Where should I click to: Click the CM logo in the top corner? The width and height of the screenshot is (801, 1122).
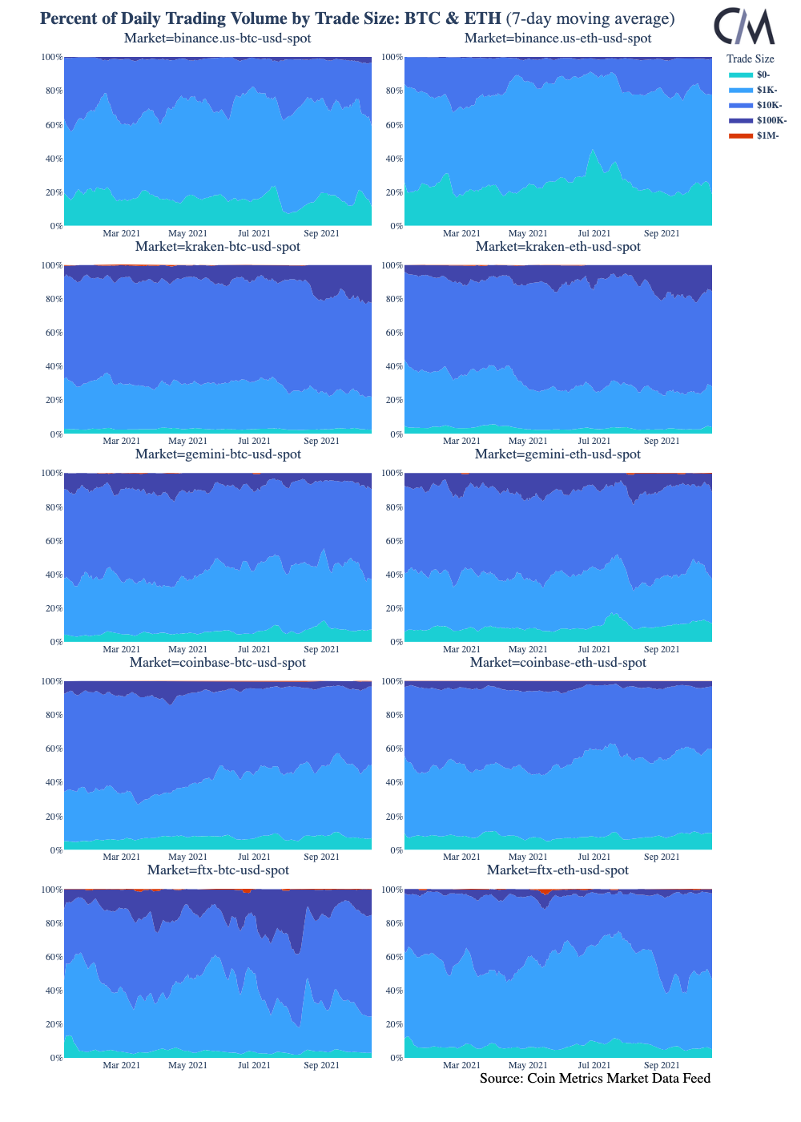744,26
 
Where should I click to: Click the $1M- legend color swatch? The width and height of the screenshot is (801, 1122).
741,135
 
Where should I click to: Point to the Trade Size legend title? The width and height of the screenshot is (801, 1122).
750,59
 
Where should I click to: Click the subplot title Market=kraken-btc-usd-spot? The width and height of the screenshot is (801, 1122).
218,247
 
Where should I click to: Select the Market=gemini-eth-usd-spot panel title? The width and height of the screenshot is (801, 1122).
557,454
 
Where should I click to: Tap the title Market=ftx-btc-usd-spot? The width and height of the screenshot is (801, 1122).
218,870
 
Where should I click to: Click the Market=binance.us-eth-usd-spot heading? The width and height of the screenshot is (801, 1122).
557,38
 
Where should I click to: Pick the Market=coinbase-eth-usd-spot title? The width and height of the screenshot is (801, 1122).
557,663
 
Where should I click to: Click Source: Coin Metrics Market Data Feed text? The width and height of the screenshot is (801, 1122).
595,1079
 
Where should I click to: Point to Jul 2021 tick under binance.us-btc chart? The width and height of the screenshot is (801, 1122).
255,233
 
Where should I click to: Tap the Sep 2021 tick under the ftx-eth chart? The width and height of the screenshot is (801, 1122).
662,1065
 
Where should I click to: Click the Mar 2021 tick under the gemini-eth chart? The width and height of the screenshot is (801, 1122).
461,649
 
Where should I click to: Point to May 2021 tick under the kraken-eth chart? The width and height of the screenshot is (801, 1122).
528,441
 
